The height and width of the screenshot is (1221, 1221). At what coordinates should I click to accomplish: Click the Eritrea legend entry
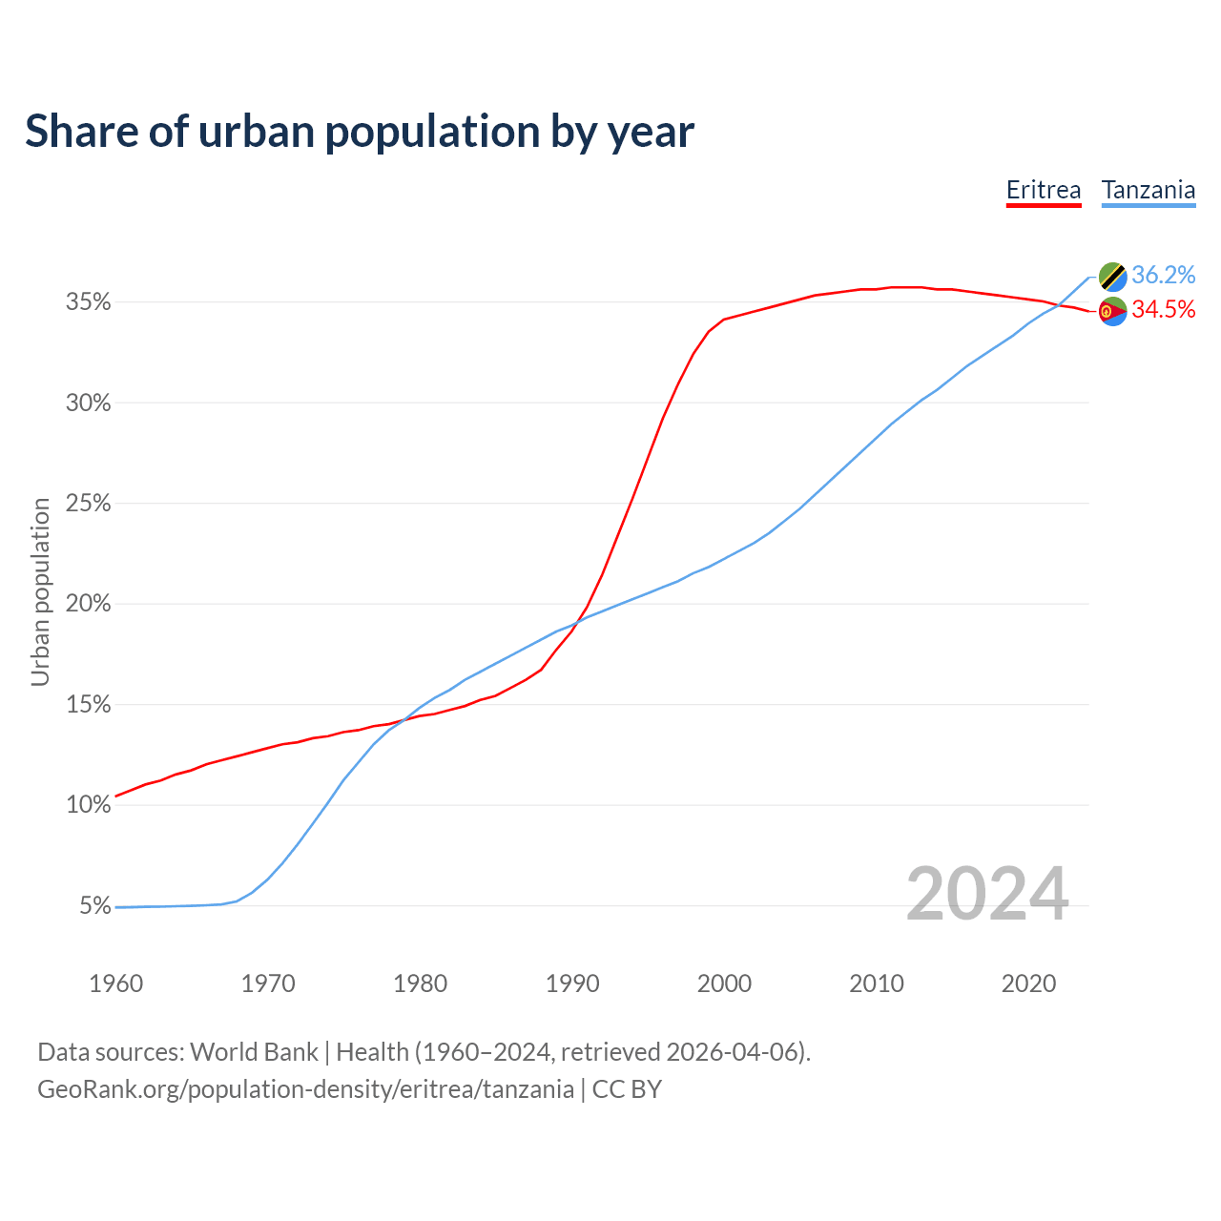point(1044,191)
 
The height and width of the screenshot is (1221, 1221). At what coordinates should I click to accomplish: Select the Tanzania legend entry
point(1149,191)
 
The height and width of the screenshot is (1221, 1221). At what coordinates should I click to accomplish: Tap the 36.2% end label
point(1163,276)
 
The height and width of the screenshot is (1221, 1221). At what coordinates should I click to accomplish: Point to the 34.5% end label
point(1163,310)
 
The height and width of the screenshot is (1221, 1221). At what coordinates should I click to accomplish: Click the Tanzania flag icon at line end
point(1113,277)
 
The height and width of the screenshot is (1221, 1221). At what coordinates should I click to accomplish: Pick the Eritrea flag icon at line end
point(1113,311)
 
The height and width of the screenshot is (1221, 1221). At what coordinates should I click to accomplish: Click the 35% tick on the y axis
point(89,302)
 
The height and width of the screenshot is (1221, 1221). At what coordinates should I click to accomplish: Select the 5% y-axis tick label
point(95,905)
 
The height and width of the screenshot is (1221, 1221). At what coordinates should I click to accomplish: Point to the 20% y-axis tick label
point(89,604)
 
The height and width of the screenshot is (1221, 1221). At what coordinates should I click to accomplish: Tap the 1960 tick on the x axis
point(115,983)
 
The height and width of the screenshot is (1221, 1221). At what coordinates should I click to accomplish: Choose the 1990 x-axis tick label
point(572,983)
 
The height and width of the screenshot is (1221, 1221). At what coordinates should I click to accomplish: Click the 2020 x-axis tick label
point(1028,983)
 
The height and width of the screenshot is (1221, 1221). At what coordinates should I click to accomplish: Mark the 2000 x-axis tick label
point(724,983)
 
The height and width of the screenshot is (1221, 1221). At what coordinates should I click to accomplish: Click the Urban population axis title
point(40,591)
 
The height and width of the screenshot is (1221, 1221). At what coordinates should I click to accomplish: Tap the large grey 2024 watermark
point(987,894)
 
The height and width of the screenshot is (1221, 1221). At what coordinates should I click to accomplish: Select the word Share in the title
point(80,132)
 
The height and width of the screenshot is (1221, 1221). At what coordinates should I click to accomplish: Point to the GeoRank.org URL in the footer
point(305,1089)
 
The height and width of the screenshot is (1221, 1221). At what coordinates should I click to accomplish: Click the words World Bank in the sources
point(254,1052)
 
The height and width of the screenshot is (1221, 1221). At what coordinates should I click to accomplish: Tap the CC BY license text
point(627,1089)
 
